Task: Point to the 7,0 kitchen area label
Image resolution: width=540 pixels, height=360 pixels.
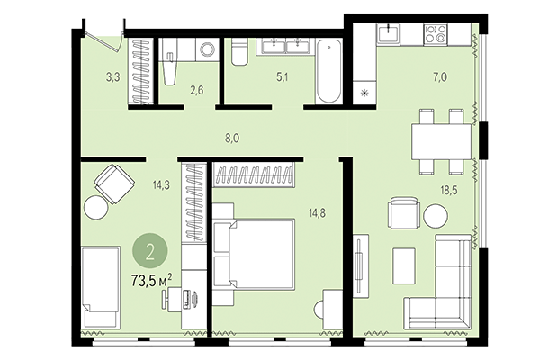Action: [439, 78]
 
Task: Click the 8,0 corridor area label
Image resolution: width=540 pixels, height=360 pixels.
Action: [231, 138]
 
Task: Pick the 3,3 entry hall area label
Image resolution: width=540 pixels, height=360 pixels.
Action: [112, 78]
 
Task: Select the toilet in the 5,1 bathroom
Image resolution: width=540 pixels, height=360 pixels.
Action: [238, 57]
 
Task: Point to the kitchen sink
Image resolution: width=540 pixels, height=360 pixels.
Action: [390, 35]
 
